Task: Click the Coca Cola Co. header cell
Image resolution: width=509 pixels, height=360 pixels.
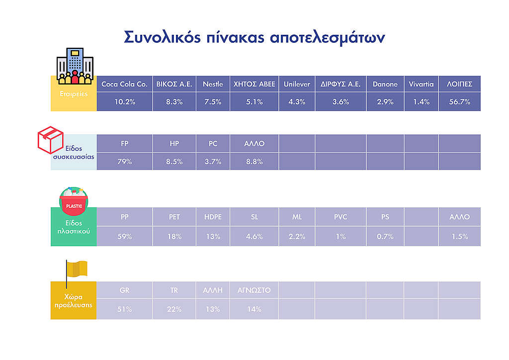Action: coord(125,84)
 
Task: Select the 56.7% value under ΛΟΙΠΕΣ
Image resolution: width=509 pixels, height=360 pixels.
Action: coord(460,102)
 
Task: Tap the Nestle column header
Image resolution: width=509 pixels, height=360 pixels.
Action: coord(213,84)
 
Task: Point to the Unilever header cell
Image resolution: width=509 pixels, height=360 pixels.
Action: coord(297,84)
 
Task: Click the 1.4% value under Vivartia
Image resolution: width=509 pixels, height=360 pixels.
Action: coord(422,102)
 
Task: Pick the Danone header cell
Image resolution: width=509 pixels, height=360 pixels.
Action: coord(385,84)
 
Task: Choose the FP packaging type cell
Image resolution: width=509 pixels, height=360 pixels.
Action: coord(125,144)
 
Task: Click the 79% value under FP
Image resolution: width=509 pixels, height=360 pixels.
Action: coord(125,162)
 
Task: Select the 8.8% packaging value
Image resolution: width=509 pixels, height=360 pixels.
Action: coord(254,162)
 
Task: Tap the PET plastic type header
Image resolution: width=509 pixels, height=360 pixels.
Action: coord(174,217)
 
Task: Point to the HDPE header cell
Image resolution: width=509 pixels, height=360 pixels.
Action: coord(213,217)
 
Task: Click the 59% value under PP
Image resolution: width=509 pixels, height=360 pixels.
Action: coord(125,237)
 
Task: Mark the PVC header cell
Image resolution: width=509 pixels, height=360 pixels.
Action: coord(340,217)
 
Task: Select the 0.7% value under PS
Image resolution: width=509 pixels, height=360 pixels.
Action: coord(385,237)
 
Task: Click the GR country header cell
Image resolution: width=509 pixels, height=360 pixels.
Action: coord(125,290)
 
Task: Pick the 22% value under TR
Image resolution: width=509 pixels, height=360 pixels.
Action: coord(174,309)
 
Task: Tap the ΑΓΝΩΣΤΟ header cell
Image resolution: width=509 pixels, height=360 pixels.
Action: coord(254,290)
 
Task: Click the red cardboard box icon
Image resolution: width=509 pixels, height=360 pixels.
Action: coord(50,140)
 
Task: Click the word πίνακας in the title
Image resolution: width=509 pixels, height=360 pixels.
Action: coord(235,37)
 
